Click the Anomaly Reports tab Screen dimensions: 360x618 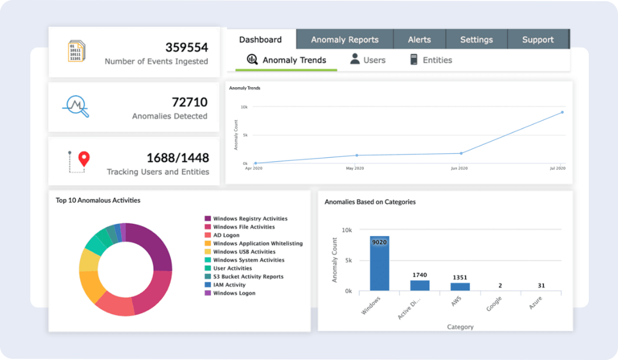click(x=345, y=40)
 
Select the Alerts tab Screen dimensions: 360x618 click(x=419, y=40)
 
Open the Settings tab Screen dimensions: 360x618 click(x=476, y=40)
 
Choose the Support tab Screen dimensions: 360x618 click(x=537, y=40)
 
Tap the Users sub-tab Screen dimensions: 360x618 click(x=367, y=60)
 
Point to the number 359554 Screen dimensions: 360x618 click(x=186, y=47)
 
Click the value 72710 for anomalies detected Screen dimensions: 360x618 click(x=189, y=102)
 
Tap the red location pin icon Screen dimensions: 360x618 click(x=84, y=158)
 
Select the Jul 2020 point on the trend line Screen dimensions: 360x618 click(x=563, y=112)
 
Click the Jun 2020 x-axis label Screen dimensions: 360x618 click(x=459, y=168)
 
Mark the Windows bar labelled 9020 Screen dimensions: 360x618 click(x=380, y=263)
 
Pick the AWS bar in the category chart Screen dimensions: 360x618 click(x=460, y=286)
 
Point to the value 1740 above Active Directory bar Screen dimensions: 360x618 click(x=419, y=275)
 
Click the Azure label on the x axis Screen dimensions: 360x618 click(x=534, y=303)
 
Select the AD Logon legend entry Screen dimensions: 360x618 click(x=226, y=236)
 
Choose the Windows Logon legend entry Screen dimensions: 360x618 click(x=234, y=293)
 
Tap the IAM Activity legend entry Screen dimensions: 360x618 click(x=229, y=285)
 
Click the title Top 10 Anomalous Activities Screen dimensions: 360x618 click(x=98, y=200)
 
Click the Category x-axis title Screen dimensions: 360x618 click(x=460, y=327)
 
